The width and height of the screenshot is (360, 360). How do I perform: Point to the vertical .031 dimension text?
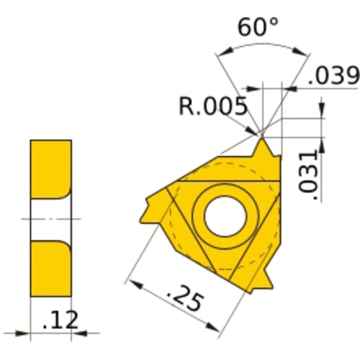click(x=308, y=171)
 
